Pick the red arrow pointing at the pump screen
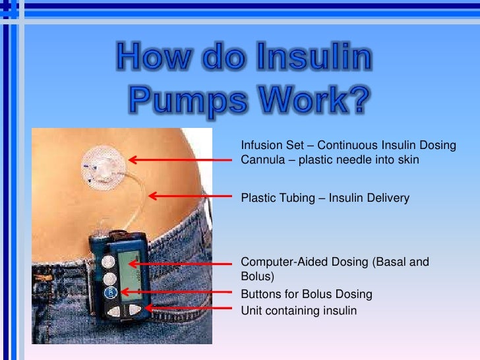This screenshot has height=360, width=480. [181, 263]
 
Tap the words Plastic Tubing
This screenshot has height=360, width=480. [276, 197]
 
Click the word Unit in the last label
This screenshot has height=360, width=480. [251, 310]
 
